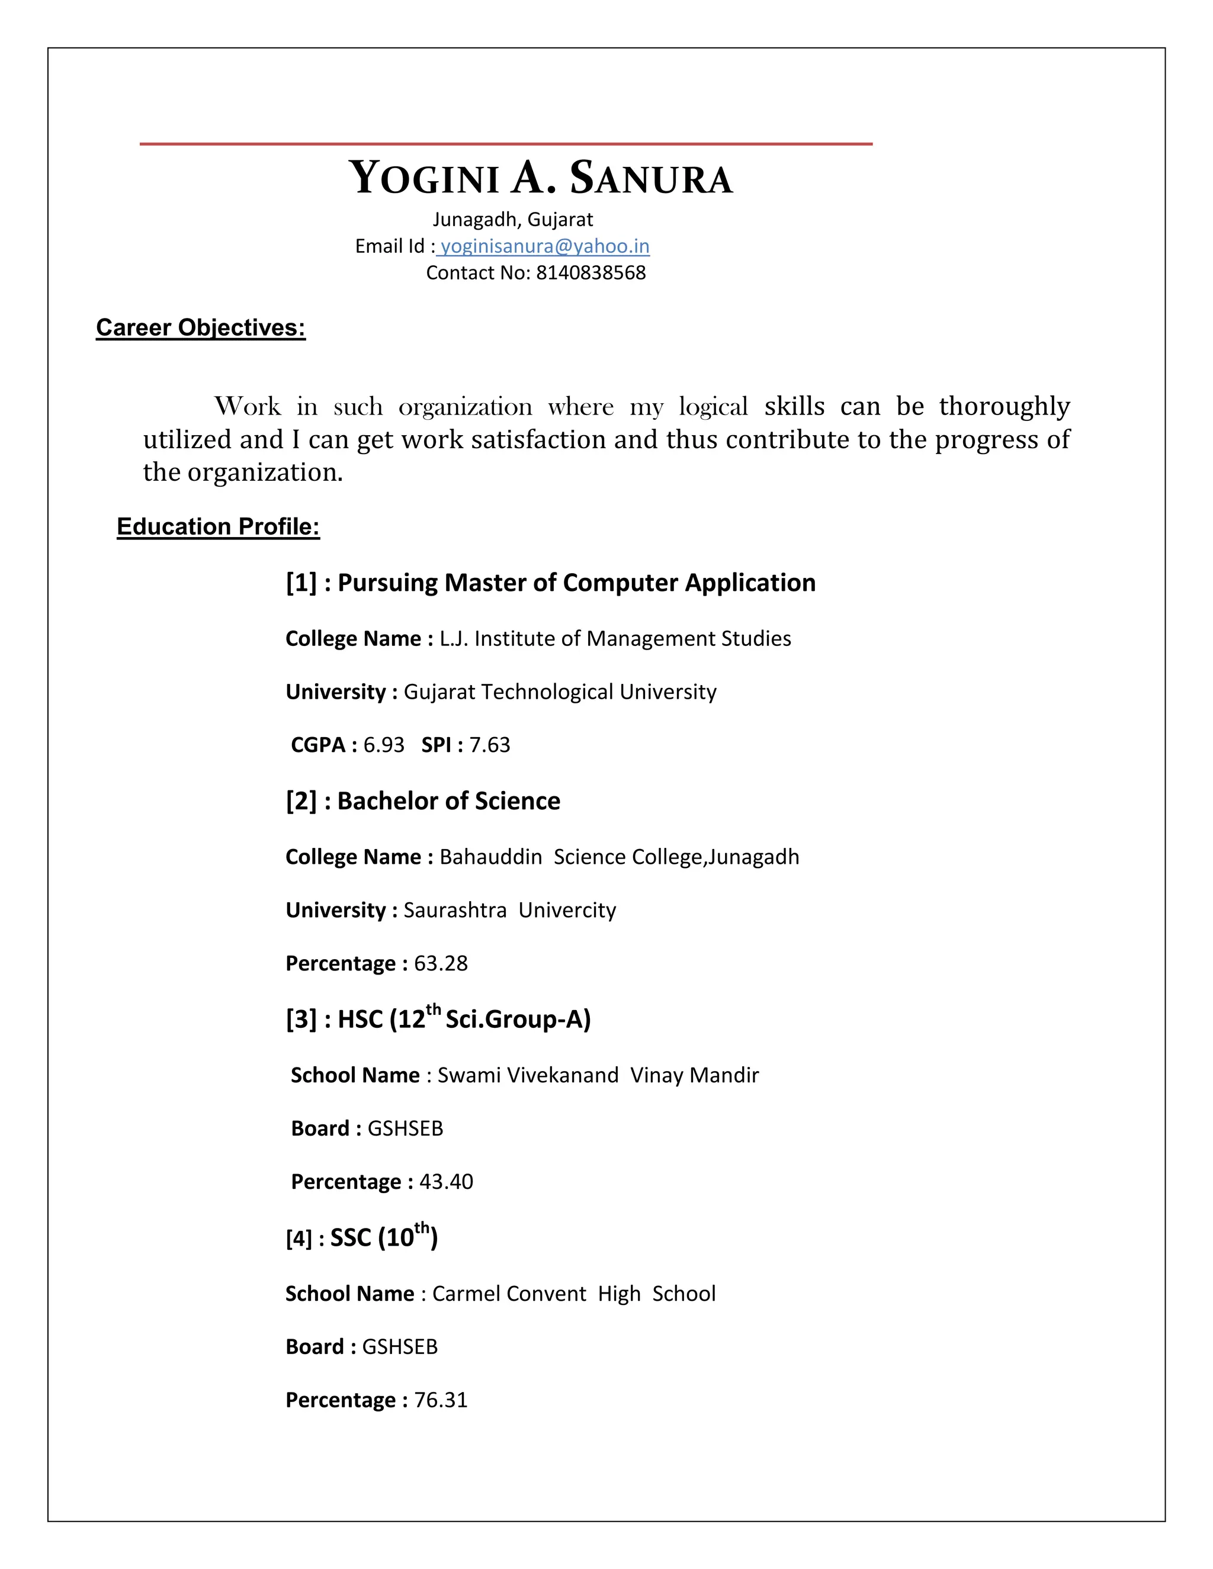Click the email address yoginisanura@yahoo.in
[545, 246]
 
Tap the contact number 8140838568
[591, 273]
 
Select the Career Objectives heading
[201, 327]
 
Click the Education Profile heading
[218, 526]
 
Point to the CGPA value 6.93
[384, 745]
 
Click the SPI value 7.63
[489, 745]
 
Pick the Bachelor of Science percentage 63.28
[441, 963]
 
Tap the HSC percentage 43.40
[446, 1182]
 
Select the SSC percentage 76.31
[441, 1400]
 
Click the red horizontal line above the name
[506, 144]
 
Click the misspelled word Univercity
[567, 910]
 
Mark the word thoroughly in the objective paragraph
[1004, 407]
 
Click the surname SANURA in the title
[651, 178]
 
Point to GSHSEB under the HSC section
[405, 1128]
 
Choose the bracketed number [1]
[301, 583]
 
